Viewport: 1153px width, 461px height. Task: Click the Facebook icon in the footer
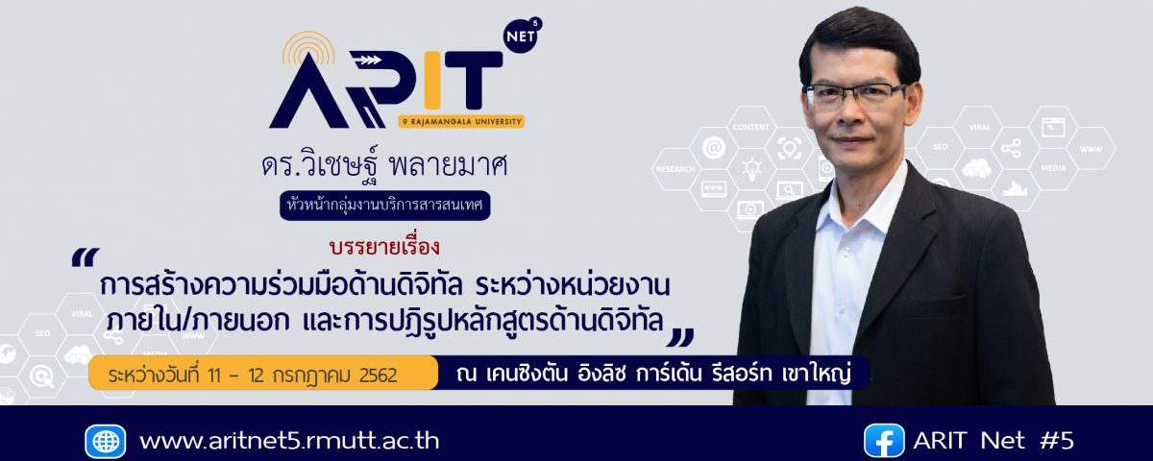coord(884,441)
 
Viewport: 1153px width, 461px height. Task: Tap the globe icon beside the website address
coord(106,442)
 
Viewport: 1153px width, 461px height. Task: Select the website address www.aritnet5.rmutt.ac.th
coord(289,442)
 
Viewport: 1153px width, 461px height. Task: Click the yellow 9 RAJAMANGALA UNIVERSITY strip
coord(461,121)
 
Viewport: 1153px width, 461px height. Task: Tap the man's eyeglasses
coord(853,95)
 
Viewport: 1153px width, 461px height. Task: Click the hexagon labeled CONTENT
coord(751,127)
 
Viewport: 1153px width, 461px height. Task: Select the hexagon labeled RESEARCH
coord(675,169)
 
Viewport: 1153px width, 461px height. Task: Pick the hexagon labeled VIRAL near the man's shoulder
coord(979,127)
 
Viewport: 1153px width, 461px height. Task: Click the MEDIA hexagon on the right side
coord(1053,168)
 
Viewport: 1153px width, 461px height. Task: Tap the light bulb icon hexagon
coord(751,169)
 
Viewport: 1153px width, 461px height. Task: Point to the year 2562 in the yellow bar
coord(379,376)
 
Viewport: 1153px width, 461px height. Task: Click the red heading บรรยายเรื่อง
coord(385,248)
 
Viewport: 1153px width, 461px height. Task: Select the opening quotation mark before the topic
coord(85,257)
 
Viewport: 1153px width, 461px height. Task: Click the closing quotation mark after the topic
coord(680,338)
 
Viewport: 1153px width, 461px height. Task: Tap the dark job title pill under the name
coord(385,206)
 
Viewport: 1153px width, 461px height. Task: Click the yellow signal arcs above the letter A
coord(308,46)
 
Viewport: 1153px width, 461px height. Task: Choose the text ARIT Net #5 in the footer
coord(994,441)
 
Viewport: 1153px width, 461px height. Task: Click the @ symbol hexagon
coord(714,148)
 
